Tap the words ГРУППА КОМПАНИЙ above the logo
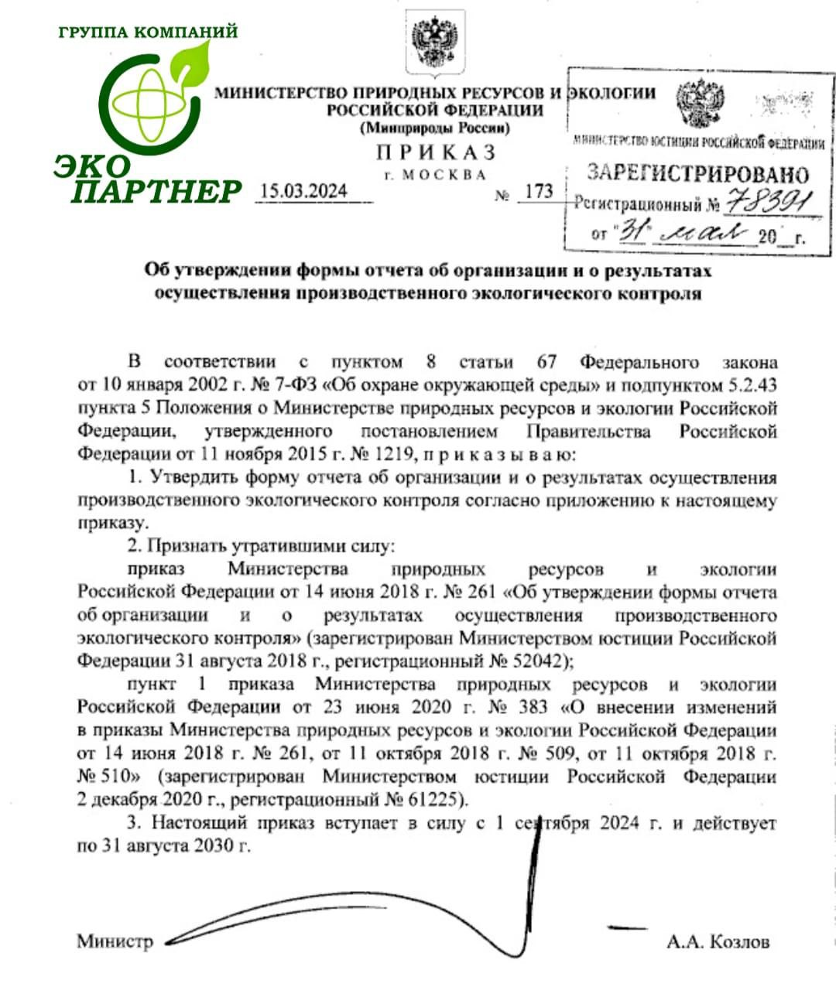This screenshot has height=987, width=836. point(148,32)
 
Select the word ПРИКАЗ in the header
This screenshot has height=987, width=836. point(436,152)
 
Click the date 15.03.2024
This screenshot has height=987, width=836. point(304,191)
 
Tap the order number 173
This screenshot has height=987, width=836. point(539,191)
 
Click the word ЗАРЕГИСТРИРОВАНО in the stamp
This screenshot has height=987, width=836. point(697,173)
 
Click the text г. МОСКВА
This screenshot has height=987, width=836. point(435,175)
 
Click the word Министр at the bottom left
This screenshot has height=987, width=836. point(115,941)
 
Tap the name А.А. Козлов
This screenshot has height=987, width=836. point(718,941)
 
